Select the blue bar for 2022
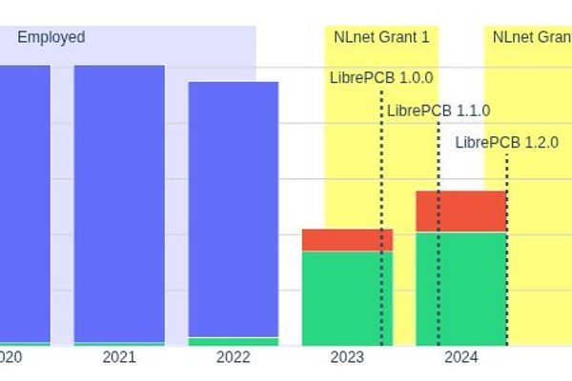[234, 210]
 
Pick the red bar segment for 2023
[347, 240]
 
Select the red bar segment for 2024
[461, 211]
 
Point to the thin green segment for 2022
[234, 341]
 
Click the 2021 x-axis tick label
[119, 358]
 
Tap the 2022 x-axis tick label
[234, 358]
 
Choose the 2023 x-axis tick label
[347, 358]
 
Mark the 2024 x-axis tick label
[461, 358]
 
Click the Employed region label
[51, 37]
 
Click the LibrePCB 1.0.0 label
[381, 78]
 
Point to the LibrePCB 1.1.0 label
[439, 110]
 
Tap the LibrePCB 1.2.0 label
[506, 143]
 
